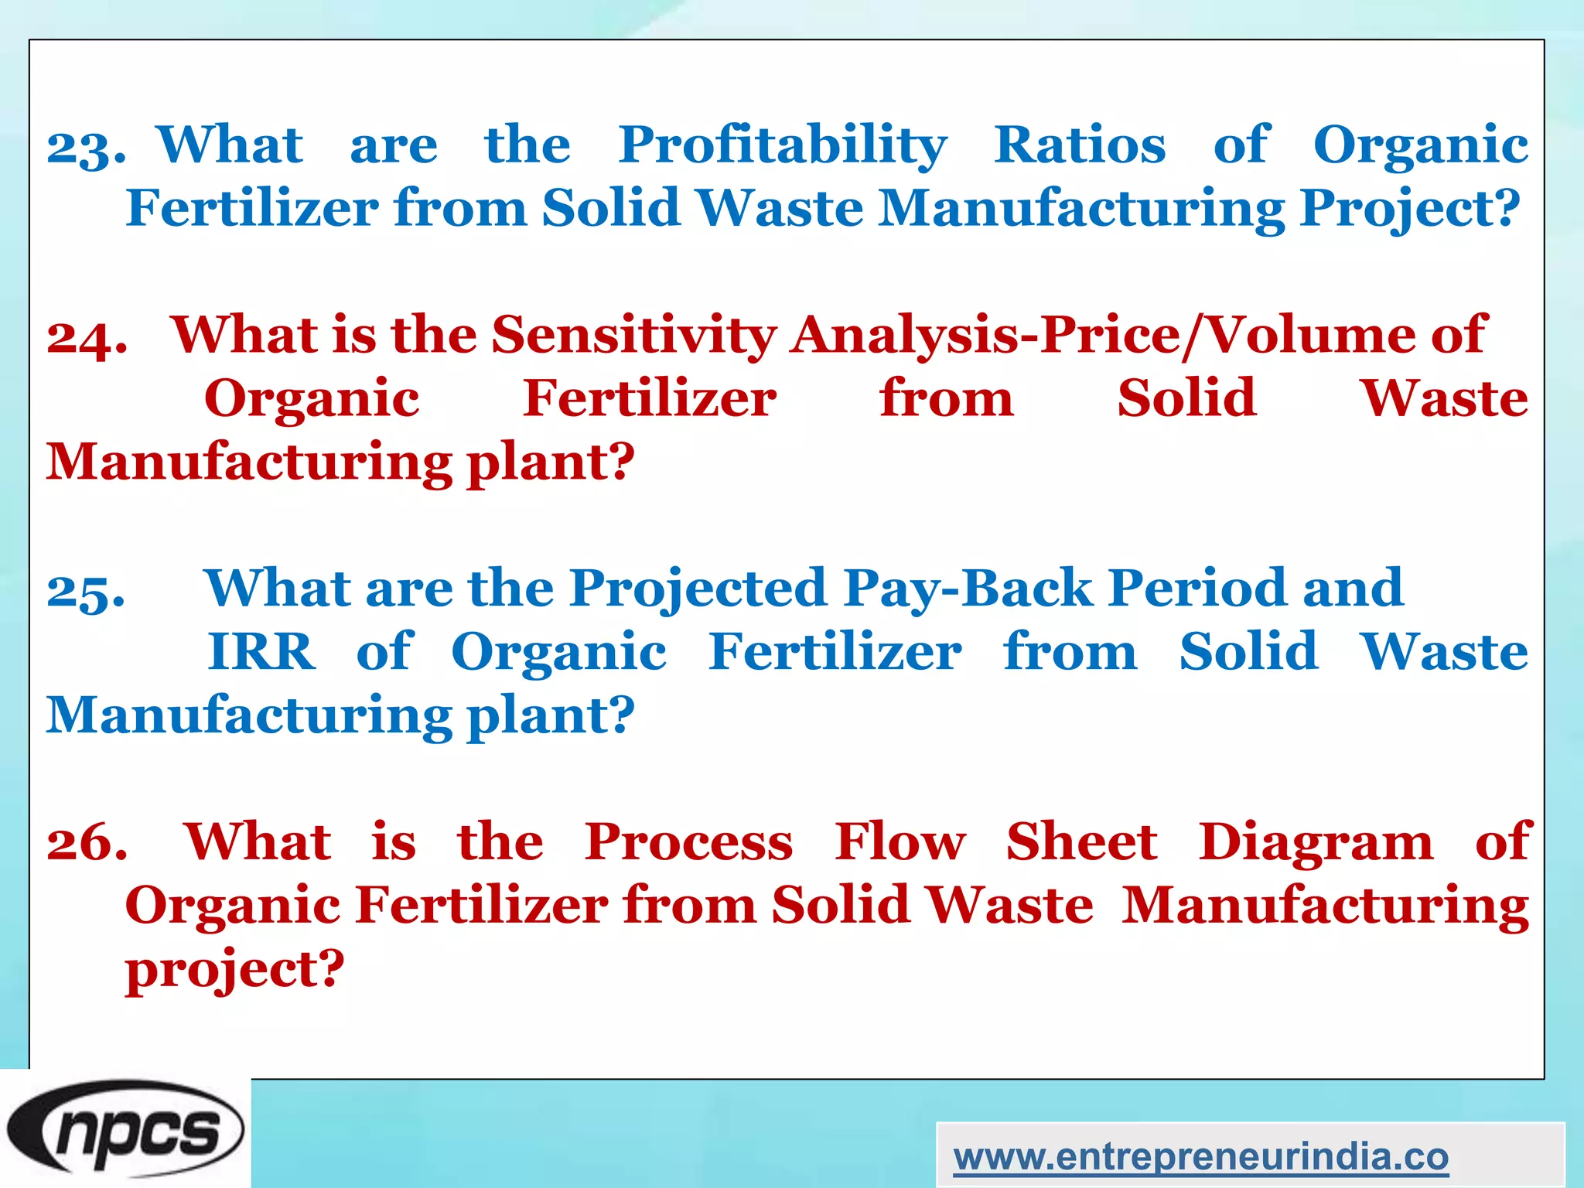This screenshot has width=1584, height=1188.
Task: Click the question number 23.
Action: [86, 147]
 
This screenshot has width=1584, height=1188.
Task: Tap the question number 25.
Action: [85, 591]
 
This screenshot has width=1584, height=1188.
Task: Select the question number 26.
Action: [87, 843]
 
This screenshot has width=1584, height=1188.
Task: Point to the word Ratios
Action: [1080, 145]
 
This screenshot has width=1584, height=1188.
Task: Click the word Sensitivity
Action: [634, 336]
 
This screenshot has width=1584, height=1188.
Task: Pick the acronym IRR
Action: [261, 652]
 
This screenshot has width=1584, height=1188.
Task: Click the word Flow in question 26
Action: [900, 842]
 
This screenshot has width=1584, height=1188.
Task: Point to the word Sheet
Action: [1081, 842]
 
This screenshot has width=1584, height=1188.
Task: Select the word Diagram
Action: [1316, 842]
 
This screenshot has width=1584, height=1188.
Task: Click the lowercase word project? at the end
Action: [234, 970]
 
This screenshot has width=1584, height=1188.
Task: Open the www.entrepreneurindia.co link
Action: [1200, 1158]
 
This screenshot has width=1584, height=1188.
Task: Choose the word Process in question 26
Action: [688, 842]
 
